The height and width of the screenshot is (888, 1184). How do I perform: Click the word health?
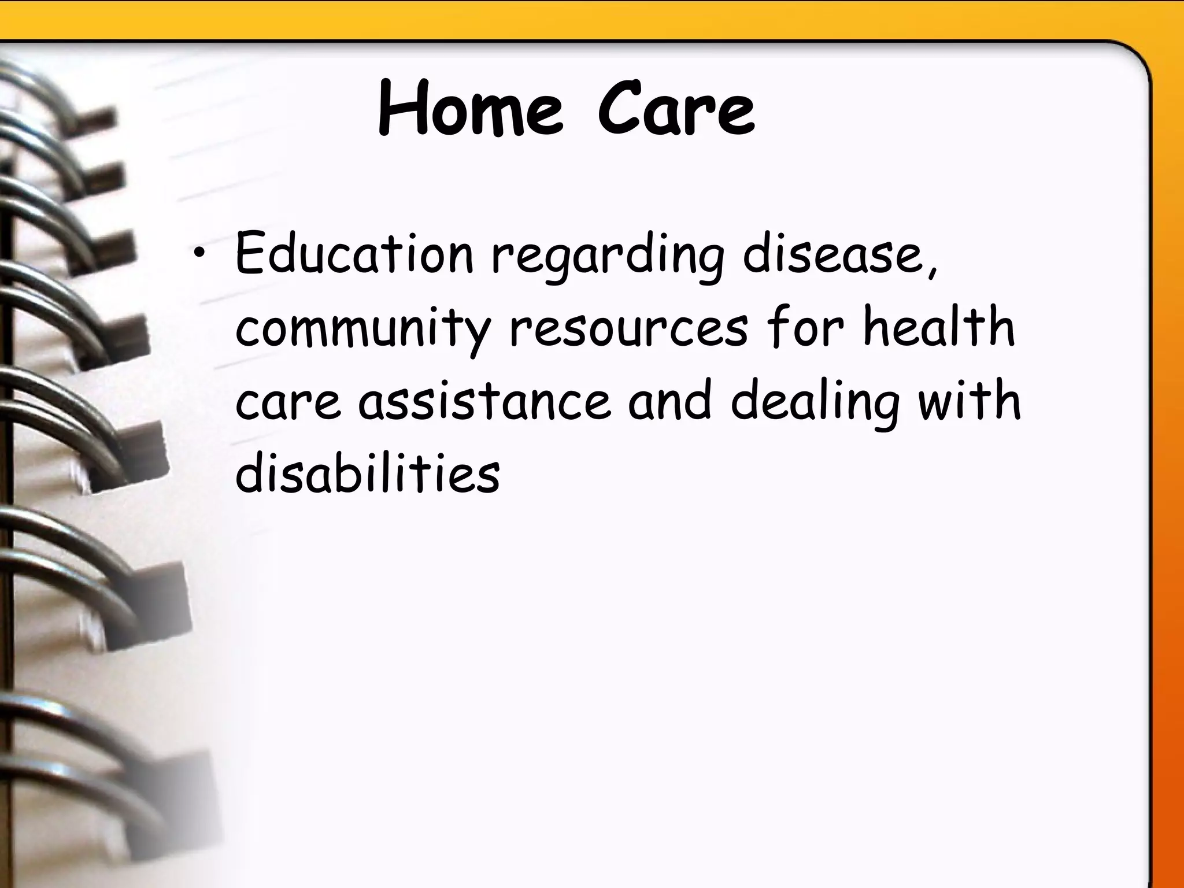point(938,327)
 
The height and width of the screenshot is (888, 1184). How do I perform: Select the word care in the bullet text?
point(288,401)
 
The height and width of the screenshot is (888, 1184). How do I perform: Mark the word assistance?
point(484,400)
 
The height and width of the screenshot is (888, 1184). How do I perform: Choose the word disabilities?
point(368,473)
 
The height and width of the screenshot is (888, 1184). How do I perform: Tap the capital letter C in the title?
point(618,110)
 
